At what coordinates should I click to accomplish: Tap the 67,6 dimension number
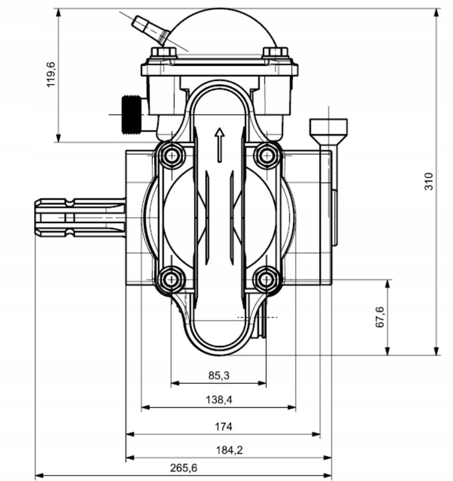380,317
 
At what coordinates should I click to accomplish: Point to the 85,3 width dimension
219,376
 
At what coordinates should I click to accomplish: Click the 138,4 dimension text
219,399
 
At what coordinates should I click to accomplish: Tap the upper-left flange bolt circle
171,156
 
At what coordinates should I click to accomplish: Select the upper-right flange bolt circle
267,156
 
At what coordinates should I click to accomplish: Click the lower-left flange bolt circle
171,278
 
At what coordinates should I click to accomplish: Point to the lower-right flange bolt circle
267,278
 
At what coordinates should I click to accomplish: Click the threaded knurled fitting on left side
131,114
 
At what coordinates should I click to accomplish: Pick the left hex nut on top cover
163,52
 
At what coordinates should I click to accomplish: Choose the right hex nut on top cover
275,52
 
